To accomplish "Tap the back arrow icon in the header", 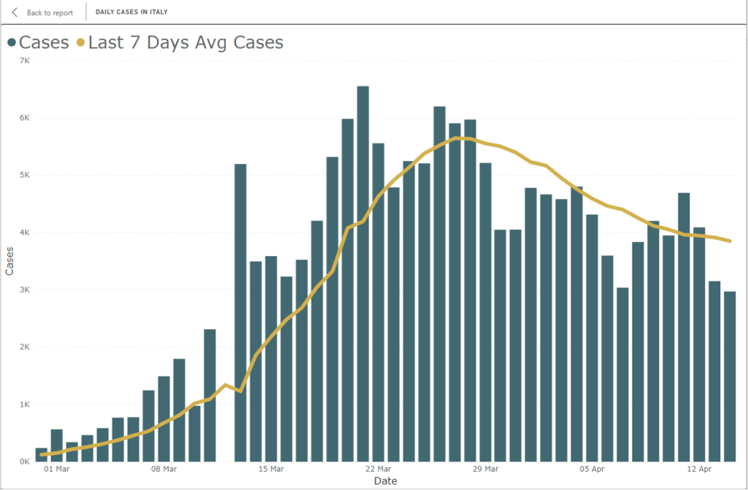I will pos(15,12).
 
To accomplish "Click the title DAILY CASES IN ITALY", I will pos(131,12).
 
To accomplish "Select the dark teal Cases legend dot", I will pos(12,42).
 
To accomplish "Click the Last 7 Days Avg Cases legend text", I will pos(186,42).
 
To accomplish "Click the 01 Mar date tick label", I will pos(57,469).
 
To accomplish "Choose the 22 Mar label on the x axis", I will pos(378,469).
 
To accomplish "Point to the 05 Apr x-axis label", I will pos(592,469).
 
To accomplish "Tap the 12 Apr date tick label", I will pos(700,469).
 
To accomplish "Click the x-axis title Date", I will pos(385,481).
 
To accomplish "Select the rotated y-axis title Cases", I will pos(9,260).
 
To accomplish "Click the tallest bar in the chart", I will pos(363,274).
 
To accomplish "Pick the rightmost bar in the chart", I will pos(730,377).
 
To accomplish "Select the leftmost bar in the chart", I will pos(42,455).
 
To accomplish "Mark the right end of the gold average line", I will pos(730,241).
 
